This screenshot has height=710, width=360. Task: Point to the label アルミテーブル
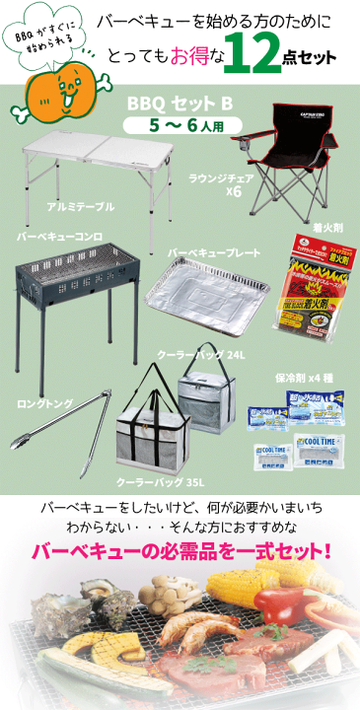[80, 208]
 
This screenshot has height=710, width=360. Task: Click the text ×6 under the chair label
[233, 190]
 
